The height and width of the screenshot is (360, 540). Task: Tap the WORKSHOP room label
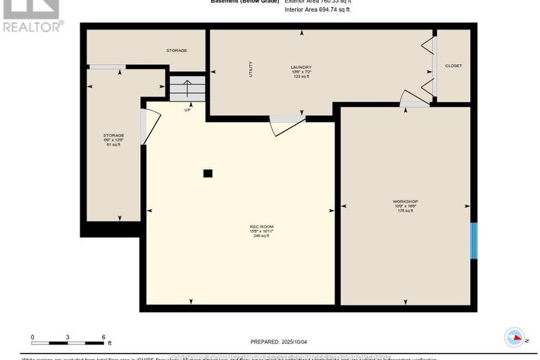[x=405, y=201]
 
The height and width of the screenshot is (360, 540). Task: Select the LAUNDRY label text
[x=301, y=68]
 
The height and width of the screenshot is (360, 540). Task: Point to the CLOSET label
[x=454, y=66]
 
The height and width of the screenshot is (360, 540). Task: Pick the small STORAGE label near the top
[x=176, y=51]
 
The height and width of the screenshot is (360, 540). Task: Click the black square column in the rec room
[x=207, y=173]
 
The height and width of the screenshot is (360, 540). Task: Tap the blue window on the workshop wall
[x=474, y=241]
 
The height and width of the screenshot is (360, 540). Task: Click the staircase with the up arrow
[x=187, y=89]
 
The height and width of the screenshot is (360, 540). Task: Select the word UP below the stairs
[x=187, y=110]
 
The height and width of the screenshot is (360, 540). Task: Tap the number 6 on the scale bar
[x=103, y=337]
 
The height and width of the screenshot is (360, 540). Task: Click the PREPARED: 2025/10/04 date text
[x=280, y=342]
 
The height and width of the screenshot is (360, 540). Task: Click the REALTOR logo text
[x=33, y=27]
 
